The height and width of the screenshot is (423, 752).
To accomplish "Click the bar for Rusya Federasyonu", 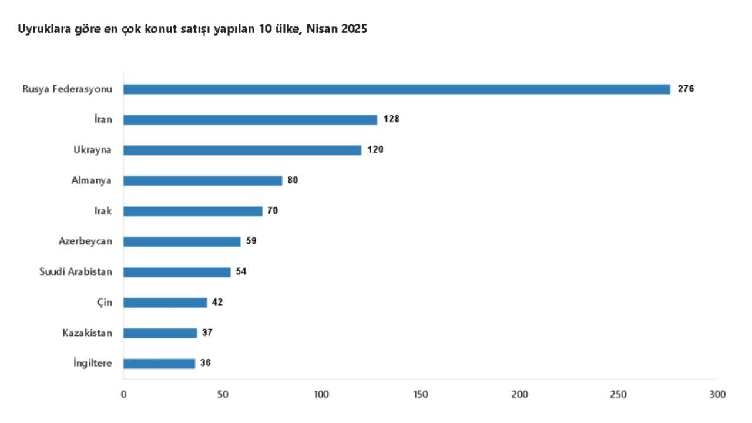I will coord(397,89).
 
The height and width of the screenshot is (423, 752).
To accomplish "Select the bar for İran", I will coord(250,119).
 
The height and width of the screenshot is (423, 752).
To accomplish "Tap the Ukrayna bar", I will coord(242,150).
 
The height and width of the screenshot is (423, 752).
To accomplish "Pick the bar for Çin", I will coord(165,303).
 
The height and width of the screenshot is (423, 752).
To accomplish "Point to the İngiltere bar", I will coord(159,364).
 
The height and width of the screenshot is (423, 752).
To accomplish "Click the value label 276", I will coord(686,89).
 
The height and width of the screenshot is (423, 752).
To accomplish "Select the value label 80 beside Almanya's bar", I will coord(293,180).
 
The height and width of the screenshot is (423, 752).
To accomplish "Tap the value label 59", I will coord(251,241).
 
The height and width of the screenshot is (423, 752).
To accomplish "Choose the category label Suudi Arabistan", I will coord(76,271).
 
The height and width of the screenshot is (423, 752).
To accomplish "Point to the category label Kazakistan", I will coord(88,333).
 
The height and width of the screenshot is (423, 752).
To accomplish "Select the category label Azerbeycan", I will coord(85,241).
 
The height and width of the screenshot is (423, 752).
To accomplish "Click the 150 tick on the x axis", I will coord(421,394).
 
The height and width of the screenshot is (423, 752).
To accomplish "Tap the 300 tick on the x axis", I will coord(717,394).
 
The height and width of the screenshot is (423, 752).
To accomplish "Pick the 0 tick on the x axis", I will coord(123,394).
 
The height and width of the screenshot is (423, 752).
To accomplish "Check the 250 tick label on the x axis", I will coord(618,394).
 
